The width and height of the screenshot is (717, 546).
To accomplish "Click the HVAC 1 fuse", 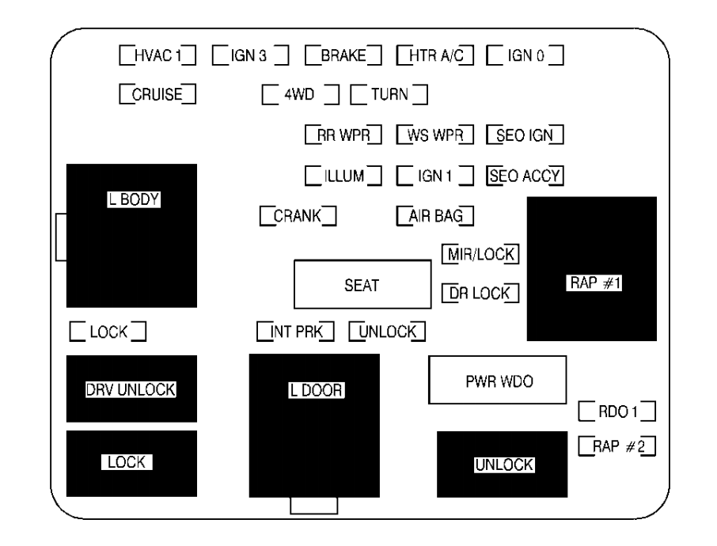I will tap(157, 56).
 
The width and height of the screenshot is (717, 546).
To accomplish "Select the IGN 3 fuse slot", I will tap(249, 56).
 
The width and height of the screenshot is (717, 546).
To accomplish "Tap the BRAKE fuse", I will tap(343, 56).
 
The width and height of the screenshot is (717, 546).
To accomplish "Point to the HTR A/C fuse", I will tap(434, 56).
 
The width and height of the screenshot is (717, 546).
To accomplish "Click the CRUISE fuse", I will tap(157, 95).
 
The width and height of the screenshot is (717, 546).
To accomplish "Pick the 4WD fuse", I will tap(300, 95).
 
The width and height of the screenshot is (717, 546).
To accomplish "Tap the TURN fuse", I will tap(389, 95).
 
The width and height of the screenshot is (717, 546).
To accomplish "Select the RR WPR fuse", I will tap(343, 135).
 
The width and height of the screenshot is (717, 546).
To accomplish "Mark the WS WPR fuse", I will tap(434, 135).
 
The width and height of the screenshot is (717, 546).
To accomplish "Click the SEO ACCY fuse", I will tap(524, 175).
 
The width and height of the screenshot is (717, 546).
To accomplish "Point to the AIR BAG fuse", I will tap(434, 214).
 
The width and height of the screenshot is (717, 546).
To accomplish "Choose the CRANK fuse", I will tap(298, 214).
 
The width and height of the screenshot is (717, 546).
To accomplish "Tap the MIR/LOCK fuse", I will tap(480, 254).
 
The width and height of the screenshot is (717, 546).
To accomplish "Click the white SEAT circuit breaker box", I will tap(361, 285).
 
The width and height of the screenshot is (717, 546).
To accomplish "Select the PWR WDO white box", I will tap(497, 380).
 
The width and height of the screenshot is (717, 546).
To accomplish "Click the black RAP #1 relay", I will tap(591, 269).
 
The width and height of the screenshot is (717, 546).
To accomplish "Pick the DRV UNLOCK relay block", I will tap(131, 389).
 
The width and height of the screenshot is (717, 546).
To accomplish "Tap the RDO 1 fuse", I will tap(617, 411).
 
